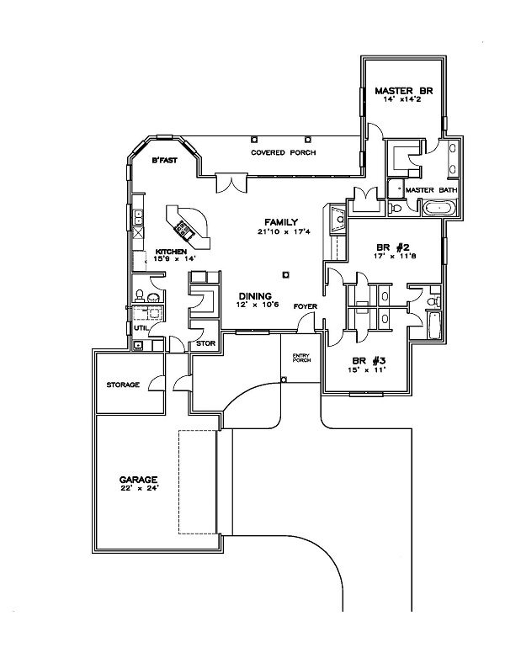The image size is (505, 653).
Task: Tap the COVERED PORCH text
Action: (x=277, y=153)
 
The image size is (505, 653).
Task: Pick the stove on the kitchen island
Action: (x=182, y=227)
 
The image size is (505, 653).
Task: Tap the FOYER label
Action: (x=305, y=306)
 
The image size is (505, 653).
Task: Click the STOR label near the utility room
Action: (x=205, y=343)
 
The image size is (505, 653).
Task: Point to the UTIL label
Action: (x=141, y=327)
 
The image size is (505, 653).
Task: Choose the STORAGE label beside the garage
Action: (x=122, y=385)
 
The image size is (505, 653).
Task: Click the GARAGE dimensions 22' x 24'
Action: (x=138, y=487)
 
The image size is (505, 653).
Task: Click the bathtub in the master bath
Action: (x=438, y=208)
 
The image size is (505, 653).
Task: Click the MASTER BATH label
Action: (x=431, y=190)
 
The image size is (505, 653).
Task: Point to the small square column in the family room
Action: (x=287, y=273)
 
